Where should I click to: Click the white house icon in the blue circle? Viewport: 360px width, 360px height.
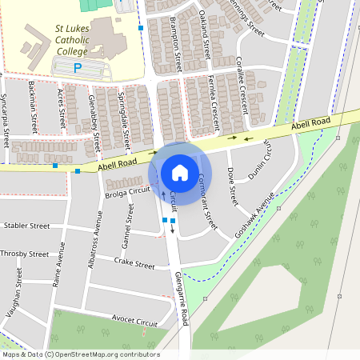[x=180, y=172]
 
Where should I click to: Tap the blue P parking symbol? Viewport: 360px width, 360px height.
[x=78, y=69]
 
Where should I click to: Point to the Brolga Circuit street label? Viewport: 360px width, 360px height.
[x=128, y=190]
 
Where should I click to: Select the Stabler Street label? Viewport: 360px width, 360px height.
[x=26, y=226]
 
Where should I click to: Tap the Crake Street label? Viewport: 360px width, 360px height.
[x=134, y=262]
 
